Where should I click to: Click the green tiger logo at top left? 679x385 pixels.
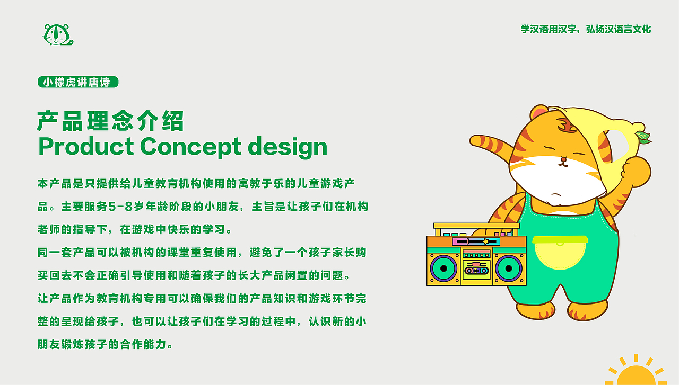(x=57, y=34)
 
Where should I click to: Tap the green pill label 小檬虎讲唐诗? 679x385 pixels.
(x=77, y=82)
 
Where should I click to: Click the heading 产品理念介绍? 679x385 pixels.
(x=110, y=121)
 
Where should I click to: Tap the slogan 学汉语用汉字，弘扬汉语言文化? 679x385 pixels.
(x=586, y=29)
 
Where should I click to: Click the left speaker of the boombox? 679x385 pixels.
(x=444, y=268)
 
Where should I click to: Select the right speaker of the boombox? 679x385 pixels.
(x=509, y=268)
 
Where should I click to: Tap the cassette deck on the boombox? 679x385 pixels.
(x=476, y=271)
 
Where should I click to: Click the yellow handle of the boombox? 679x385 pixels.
(x=476, y=226)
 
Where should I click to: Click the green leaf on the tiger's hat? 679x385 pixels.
(x=643, y=137)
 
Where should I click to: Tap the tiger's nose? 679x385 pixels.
(x=562, y=158)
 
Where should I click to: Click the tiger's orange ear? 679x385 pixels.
(x=539, y=113)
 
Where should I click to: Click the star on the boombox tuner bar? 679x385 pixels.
(x=485, y=241)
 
